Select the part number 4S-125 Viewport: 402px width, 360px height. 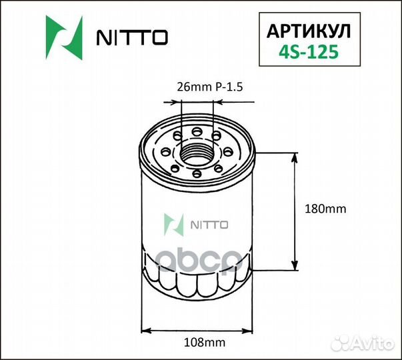click(307, 50)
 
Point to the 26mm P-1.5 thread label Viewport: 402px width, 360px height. click(207, 87)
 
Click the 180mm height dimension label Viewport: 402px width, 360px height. click(325, 209)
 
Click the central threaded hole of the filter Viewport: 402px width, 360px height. click(198, 152)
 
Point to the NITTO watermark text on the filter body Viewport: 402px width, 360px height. click(210, 225)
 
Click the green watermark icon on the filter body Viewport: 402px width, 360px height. click(175, 225)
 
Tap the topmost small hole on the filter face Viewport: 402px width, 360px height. click(198, 127)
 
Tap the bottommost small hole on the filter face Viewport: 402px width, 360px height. click(198, 175)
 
